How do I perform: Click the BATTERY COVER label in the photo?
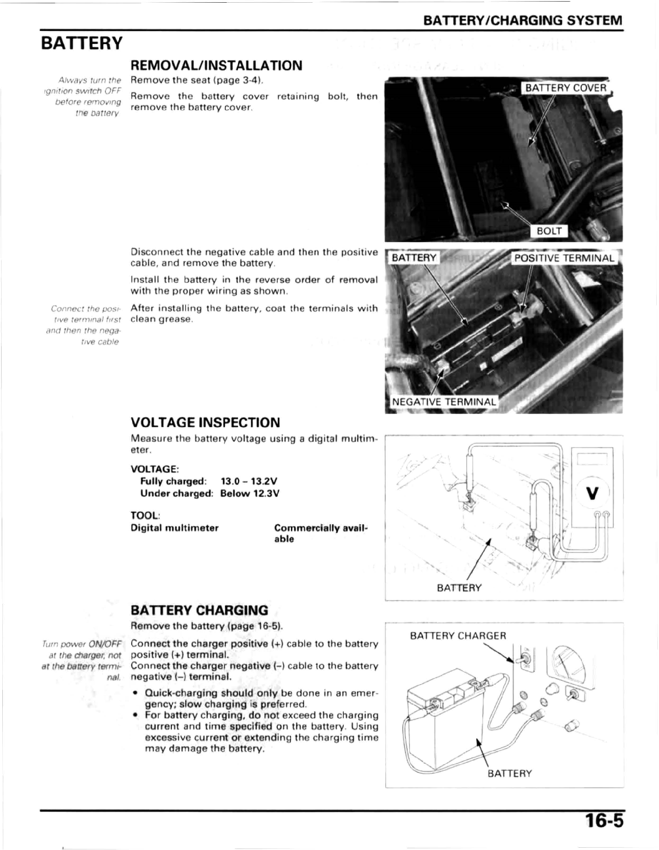coord(565,88)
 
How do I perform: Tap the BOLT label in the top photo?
coord(549,231)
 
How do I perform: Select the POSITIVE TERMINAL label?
coord(564,258)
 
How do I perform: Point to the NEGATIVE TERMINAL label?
coord(444,401)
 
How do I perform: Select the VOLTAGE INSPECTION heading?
coord(206,422)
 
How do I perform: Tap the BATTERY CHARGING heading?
coord(199,610)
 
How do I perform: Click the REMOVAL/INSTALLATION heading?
coord(217,66)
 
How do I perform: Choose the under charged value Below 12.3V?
coord(250,493)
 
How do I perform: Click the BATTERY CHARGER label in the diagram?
coord(458,636)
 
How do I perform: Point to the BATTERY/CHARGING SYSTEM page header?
coord(523,21)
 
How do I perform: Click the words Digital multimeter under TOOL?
coord(175,528)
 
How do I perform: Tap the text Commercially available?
coord(321,533)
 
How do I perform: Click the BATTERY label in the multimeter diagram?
coord(459,587)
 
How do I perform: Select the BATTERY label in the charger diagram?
coord(510,773)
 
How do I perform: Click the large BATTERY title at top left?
coord(82,43)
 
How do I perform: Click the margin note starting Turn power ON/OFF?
coord(82,660)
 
